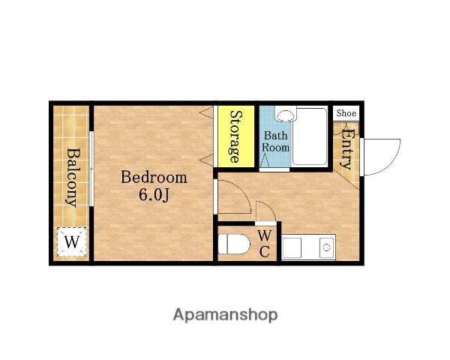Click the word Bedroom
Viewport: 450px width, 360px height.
tap(154, 178)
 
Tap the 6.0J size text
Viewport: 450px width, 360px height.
tap(154, 195)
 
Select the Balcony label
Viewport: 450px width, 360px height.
tap(72, 178)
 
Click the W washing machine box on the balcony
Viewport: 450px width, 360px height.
tap(72, 241)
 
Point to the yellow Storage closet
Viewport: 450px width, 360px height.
tap(236, 136)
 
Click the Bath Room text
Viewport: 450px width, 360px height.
tap(276, 141)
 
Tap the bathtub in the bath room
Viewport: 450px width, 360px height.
tap(310, 136)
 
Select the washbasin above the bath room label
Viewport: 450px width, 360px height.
tap(285, 114)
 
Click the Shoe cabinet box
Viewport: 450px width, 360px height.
tap(346, 113)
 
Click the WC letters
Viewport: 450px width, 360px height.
tap(264, 244)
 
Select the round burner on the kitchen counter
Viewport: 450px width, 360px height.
tap(326, 247)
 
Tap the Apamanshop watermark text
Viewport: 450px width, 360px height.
tap(225, 315)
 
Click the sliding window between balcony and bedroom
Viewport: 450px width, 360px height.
tap(91, 169)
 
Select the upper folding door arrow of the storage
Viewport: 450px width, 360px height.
tap(206, 112)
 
